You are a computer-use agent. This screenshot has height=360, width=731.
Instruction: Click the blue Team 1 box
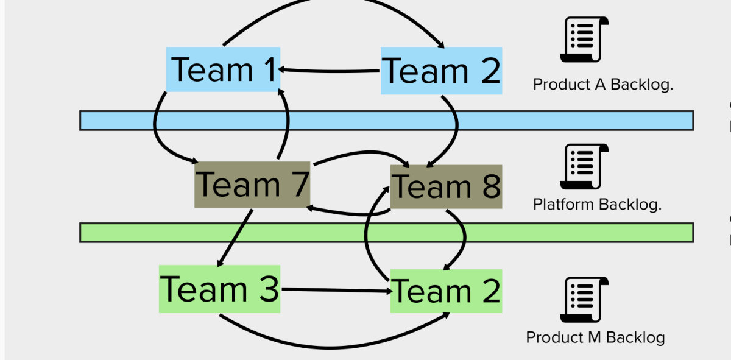(223, 69)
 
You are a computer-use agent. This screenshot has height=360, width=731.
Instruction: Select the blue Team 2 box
(442, 71)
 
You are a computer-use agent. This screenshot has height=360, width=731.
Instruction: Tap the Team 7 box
(252, 185)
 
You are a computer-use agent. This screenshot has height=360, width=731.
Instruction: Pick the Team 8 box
(446, 186)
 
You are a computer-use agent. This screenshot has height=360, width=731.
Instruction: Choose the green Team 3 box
(219, 289)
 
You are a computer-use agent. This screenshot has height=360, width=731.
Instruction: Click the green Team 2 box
(446, 291)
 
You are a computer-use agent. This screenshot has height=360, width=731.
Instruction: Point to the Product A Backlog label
(603, 85)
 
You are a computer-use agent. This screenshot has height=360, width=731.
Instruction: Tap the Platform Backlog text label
(597, 205)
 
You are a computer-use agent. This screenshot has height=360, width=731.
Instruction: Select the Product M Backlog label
(595, 337)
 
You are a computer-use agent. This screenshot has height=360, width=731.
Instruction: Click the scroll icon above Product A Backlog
(584, 40)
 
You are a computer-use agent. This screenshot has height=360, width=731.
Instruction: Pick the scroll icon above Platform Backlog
(584, 166)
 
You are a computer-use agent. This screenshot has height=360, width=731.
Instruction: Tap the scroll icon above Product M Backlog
(584, 300)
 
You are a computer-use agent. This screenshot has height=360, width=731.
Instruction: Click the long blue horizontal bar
(386, 121)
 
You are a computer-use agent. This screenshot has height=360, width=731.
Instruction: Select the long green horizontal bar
(386, 233)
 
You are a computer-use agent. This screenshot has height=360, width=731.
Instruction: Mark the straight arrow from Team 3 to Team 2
(335, 290)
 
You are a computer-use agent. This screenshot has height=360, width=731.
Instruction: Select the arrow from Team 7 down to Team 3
(235, 238)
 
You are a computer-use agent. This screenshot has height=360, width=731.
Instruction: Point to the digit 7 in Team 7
(297, 184)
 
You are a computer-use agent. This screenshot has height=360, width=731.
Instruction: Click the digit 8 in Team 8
(489, 187)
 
